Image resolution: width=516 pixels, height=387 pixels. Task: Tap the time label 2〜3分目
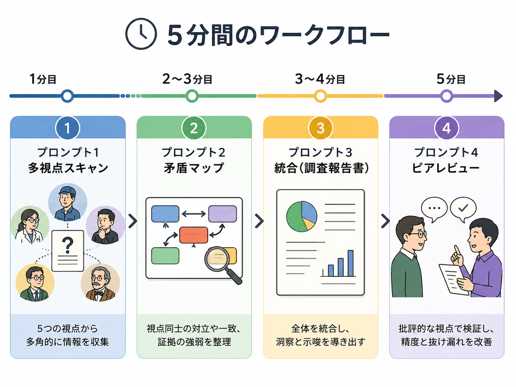click(x=187, y=79)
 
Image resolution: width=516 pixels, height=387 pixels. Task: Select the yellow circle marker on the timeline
click(x=320, y=96)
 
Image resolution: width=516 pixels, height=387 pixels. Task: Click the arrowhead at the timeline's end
click(x=498, y=96)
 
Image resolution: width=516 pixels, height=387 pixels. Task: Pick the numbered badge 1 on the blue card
click(x=68, y=128)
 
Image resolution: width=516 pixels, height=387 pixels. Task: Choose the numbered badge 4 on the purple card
click(x=446, y=128)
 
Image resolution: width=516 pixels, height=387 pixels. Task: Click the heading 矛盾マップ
click(x=193, y=168)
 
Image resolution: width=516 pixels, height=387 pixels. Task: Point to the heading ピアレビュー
click(x=446, y=168)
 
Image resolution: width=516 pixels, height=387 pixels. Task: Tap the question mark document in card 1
click(x=68, y=251)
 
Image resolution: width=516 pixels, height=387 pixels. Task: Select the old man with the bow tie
click(x=100, y=283)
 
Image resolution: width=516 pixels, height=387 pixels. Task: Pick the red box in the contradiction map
click(x=193, y=235)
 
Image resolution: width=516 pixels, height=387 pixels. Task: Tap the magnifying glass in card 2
click(x=222, y=264)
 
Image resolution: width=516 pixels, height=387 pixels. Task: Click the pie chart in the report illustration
click(x=301, y=216)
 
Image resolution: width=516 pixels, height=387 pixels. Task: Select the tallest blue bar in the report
click(x=350, y=263)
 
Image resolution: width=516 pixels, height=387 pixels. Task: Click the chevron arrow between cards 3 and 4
click(x=385, y=221)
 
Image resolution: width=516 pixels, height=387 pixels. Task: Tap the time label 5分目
click(x=451, y=79)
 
